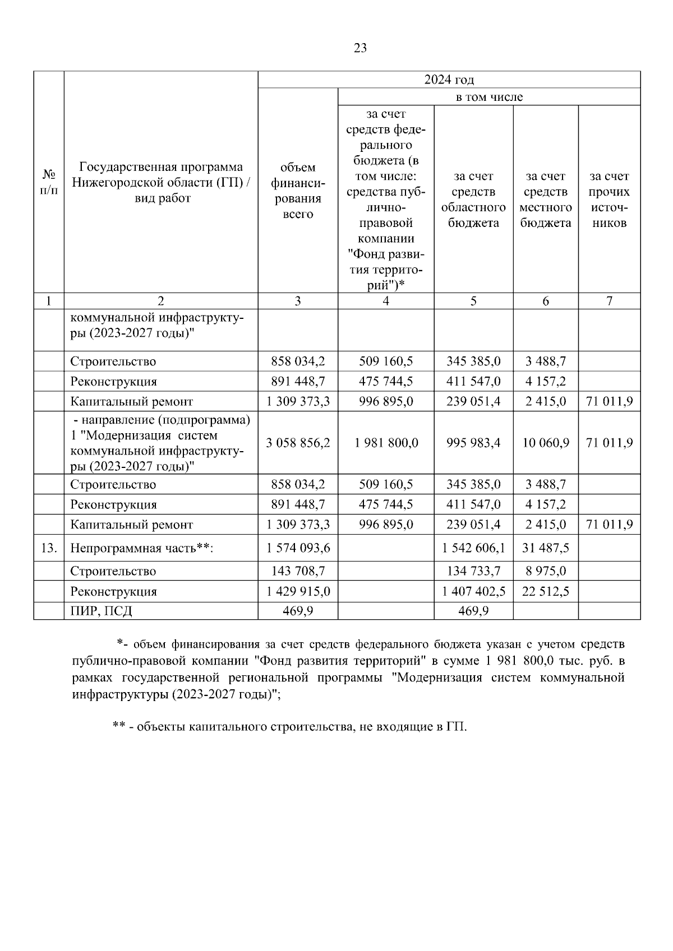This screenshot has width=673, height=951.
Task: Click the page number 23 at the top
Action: coord(361,48)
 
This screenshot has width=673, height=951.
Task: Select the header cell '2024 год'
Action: coord(449,80)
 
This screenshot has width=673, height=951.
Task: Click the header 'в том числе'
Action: coord(488,97)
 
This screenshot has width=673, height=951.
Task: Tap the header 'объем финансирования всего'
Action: coord(298,191)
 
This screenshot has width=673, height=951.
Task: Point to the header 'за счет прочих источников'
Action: coord(609,200)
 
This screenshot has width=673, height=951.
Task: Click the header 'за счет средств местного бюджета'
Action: coord(545,200)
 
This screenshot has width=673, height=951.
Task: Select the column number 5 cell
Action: coord(473,301)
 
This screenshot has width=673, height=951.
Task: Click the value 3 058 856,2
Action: coord(298,443)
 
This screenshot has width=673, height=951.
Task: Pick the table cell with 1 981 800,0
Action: coord(386,443)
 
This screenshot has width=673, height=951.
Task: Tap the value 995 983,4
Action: coord(473,443)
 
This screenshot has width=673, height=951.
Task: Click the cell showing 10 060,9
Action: coord(545,443)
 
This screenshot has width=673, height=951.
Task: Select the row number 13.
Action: coord(49,548)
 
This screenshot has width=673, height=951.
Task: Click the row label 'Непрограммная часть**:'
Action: coord(142,548)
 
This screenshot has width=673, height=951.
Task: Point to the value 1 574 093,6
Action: coord(298,548)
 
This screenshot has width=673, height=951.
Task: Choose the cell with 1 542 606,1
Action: coord(473,548)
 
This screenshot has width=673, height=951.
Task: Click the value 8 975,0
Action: coord(545,571)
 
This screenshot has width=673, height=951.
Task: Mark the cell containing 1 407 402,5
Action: coord(473,591)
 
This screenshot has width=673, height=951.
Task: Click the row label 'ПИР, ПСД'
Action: coord(101,610)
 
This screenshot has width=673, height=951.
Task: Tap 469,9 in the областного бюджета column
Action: coord(473,610)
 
